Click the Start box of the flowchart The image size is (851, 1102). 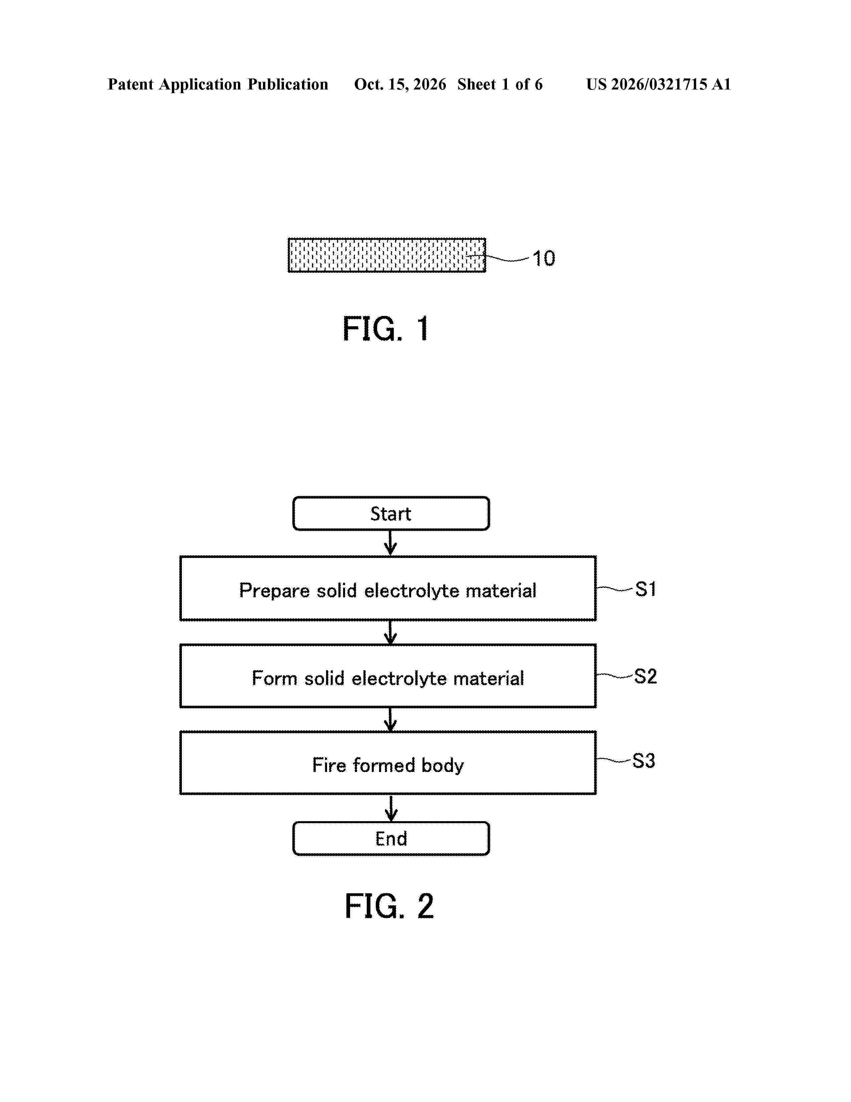(x=391, y=513)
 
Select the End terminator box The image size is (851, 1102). (x=391, y=838)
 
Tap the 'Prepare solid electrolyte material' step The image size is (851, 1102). (x=388, y=588)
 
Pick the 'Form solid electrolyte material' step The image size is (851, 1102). (x=388, y=676)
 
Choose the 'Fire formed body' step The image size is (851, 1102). (x=388, y=763)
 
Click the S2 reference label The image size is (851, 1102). (x=645, y=676)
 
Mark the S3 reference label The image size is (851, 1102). (x=644, y=760)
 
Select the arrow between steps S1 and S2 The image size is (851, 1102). (x=390, y=632)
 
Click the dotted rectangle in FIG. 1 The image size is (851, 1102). (x=387, y=255)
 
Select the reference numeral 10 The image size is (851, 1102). (x=544, y=258)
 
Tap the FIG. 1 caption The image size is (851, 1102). (x=386, y=329)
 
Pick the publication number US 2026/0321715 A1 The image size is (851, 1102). (x=658, y=84)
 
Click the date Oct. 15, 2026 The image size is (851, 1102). (x=400, y=84)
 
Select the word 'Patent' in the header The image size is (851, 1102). (x=130, y=84)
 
